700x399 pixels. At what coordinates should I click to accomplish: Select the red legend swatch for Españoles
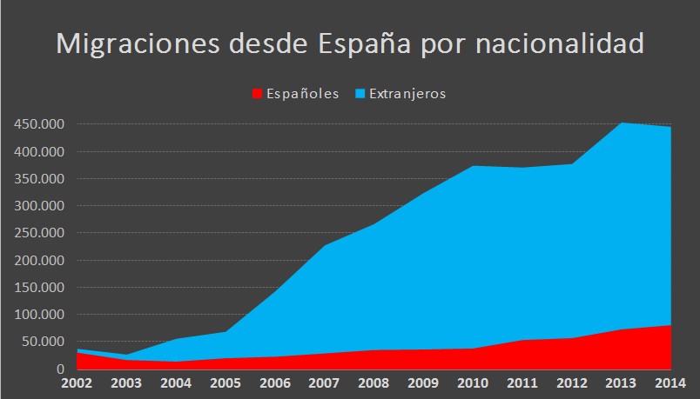[257, 93]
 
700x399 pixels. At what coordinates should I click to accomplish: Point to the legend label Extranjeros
[407, 93]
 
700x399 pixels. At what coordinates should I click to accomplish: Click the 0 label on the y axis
[61, 369]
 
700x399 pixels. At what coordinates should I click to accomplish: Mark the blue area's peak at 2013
[622, 123]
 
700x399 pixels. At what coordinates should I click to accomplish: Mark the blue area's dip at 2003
[125, 355]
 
